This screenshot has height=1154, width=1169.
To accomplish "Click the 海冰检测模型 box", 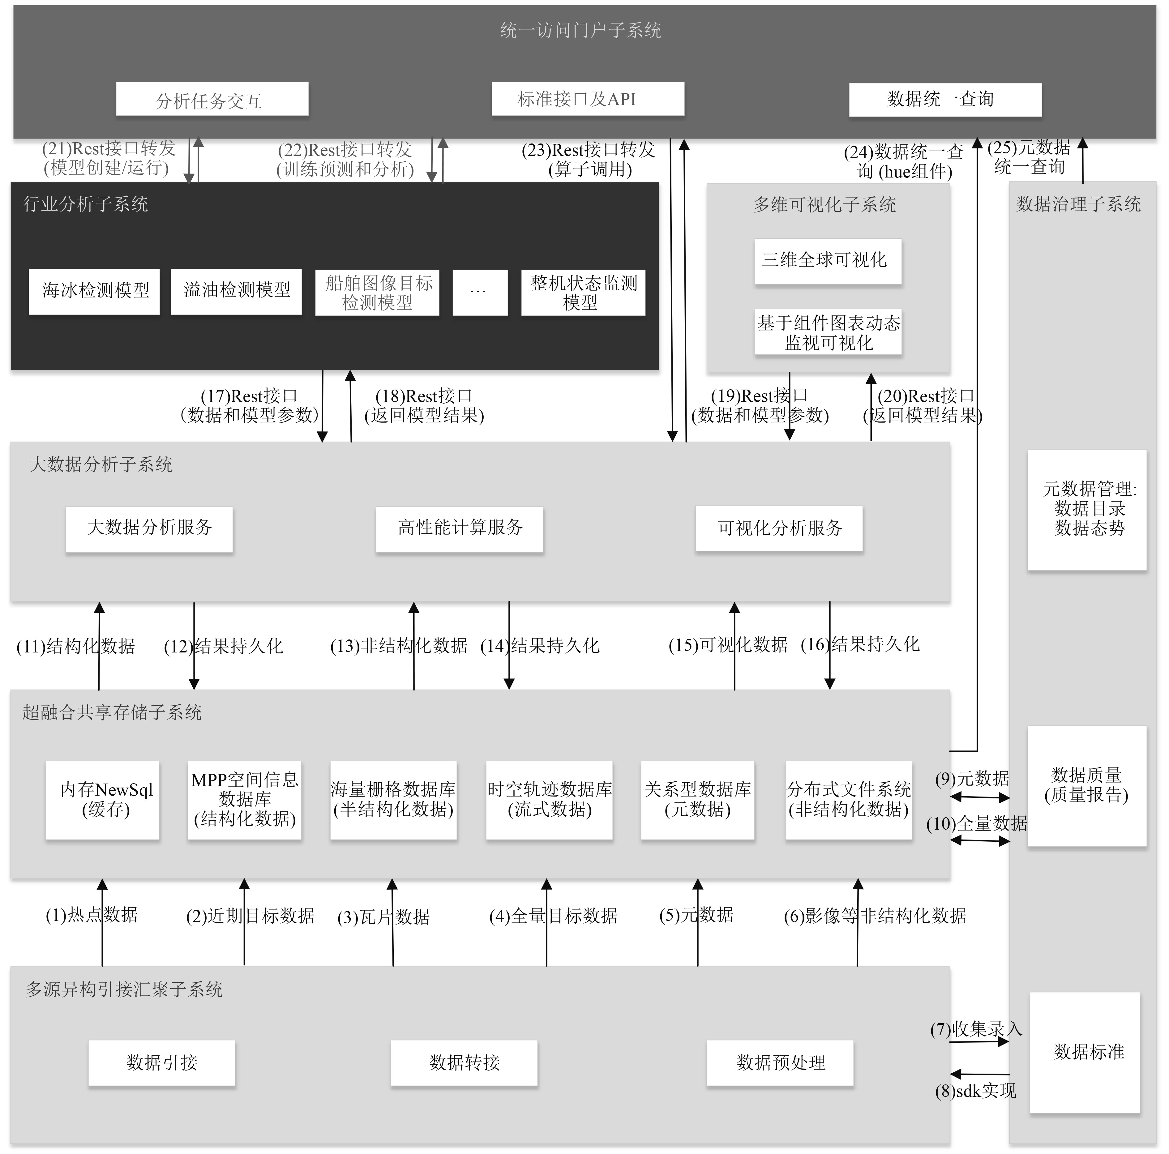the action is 94,291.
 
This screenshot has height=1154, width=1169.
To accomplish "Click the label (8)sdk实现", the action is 975,1091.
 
